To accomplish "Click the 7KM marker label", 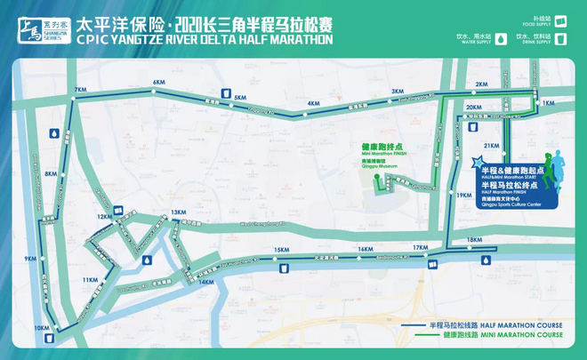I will (x=81, y=90).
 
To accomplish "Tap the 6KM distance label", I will (x=160, y=83).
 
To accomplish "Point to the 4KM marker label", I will (x=312, y=103).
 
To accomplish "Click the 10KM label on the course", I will (x=41, y=328).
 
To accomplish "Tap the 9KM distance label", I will (x=32, y=259).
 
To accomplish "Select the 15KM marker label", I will (x=282, y=250).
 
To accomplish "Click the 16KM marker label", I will (x=364, y=250).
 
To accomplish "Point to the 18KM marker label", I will (x=474, y=240).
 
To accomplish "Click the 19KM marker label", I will (x=463, y=195).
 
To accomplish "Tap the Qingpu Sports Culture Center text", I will (x=508, y=203).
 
